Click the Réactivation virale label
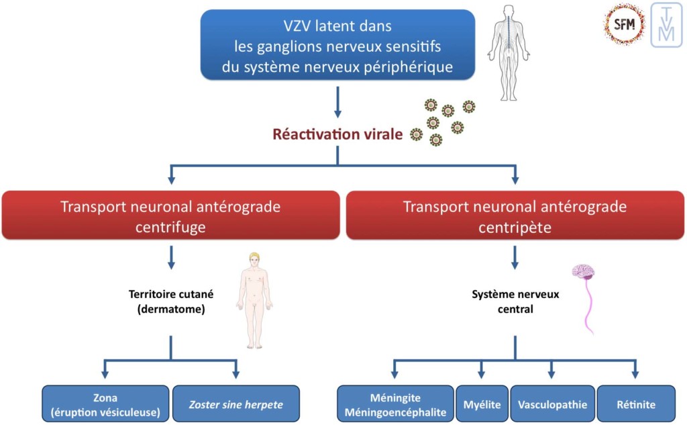[x=337, y=134]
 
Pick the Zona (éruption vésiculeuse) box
[x=106, y=404]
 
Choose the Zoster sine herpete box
[x=235, y=404]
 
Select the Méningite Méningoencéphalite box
[x=395, y=404]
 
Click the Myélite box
[x=481, y=404]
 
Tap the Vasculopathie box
[x=552, y=404]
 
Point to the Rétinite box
[x=635, y=404]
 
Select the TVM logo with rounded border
[x=666, y=25]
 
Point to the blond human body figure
[x=254, y=299]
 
